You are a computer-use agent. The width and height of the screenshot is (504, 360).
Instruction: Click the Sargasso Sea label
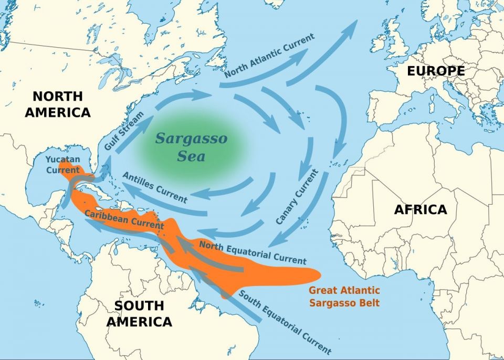coord(192,147)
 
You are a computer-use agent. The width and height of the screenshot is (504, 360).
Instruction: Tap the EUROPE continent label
coord(436,71)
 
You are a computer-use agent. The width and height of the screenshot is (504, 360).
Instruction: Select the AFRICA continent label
coord(421,209)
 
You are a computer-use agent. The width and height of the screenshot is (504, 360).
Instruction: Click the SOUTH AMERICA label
coord(139,313)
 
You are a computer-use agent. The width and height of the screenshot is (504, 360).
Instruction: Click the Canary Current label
coord(297,197)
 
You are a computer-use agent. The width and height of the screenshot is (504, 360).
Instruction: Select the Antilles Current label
coord(154,187)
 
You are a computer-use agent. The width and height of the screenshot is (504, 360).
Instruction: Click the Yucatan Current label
coord(62,164)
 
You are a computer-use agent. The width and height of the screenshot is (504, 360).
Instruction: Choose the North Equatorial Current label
coord(253,251)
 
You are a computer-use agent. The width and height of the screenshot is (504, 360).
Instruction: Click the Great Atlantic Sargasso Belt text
coord(344,297)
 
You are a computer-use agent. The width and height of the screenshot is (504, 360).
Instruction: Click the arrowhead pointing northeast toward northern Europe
coord(351,26)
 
